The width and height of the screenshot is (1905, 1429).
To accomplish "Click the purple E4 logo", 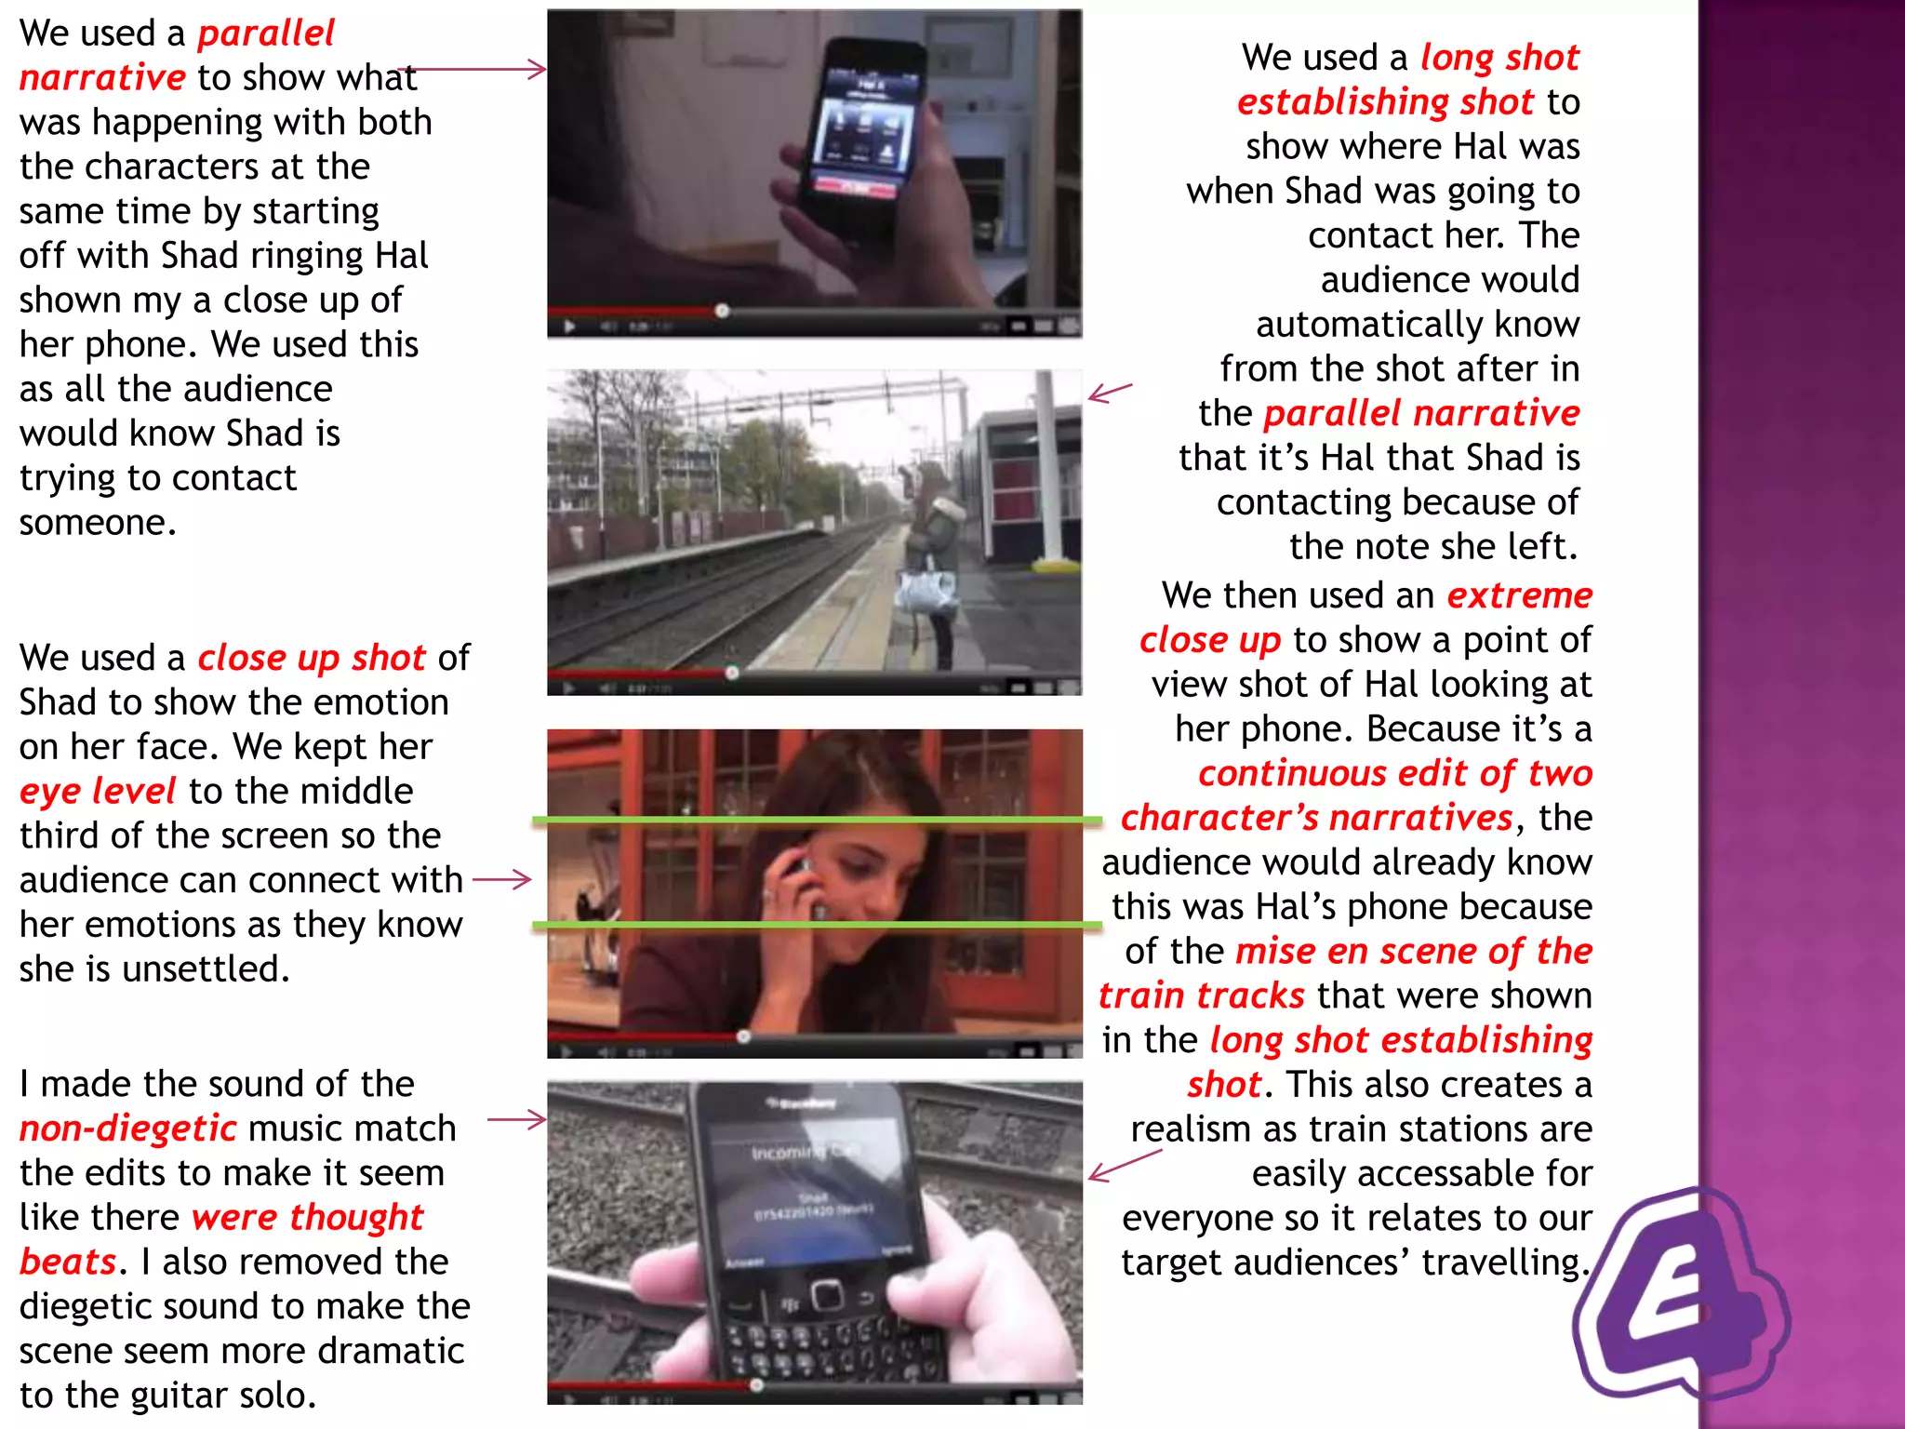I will pyautogui.click(x=1679, y=1298).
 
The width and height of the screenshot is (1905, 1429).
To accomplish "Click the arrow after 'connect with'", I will pyautogui.click(x=502, y=879).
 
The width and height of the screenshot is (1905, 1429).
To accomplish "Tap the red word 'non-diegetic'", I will pyautogui.click(x=128, y=1129).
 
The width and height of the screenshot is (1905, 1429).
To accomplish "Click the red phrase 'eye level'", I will pyautogui.click(x=97, y=792).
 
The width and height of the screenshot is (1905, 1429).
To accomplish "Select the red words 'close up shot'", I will pyautogui.click(x=312, y=658).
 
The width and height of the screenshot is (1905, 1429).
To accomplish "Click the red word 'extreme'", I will pyautogui.click(x=1519, y=595).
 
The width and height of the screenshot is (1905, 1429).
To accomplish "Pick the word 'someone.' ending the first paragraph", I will pyautogui.click(x=98, y=523).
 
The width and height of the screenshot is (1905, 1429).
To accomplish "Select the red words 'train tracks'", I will pyautogui.click(x=1201, y=996).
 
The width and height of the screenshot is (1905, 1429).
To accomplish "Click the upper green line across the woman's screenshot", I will pyautogui.click(x=817, y=820).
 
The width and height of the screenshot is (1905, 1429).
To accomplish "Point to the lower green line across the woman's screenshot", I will pyautogui.click(x=817, y=925).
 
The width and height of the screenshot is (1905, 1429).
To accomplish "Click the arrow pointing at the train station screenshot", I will pyautogui.click(x=1110, y=393).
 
